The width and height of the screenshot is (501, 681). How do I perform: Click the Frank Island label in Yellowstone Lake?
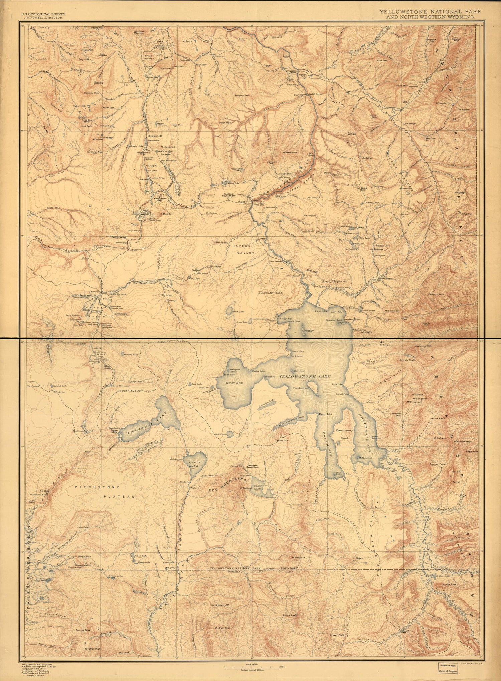pyautogui.click(x=301, y=388)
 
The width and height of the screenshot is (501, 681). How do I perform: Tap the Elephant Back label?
pyautogui.click(x=271, y=293)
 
